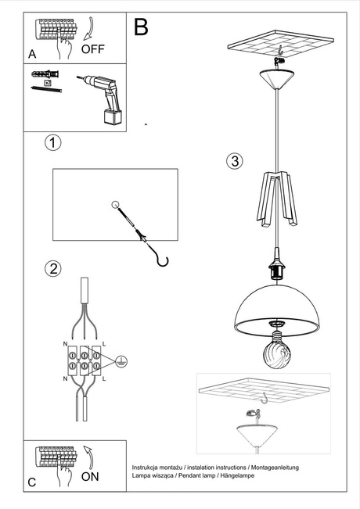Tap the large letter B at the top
pyautogui.click(x=141, y=28)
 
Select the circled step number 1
pyautogui.click(x=52, y=143)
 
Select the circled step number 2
pyautogui.click(x=52, y=269)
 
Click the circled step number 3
pyautogui.click(x=234, y=162)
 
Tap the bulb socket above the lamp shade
pyautogui.click(x=276, y=268)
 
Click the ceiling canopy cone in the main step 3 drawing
pyautogui.click(x=276, y=77)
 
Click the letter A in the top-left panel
pyautogui.click(x=32, y=55)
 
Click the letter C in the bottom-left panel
pyautogui.click(x=32, y=482)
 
